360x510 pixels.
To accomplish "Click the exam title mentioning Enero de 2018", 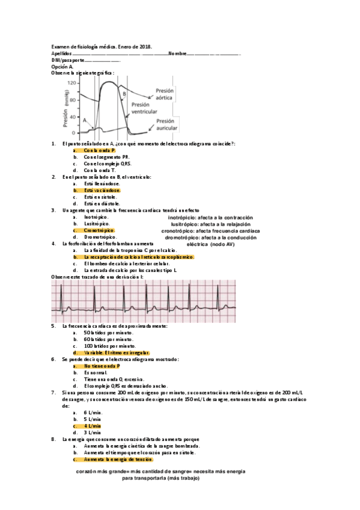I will (102, 46).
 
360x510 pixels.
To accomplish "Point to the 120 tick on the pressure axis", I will (72, 82).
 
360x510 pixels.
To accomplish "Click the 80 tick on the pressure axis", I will (73, 100).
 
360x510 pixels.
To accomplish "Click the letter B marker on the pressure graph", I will (124, 94).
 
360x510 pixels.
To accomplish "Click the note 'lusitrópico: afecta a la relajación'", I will (210, 224).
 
